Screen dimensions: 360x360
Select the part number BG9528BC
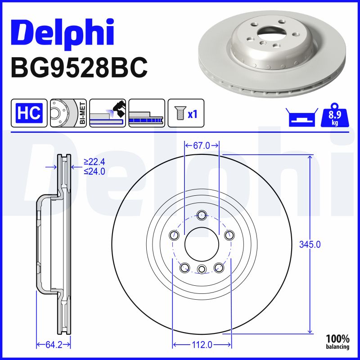tap(79, 67)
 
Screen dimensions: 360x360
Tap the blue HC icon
tap(30, 113)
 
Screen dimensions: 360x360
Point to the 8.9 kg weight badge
tap(334, 117)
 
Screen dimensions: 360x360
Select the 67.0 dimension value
tap(202, 145)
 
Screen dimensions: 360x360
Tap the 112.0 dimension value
tap(202, 345)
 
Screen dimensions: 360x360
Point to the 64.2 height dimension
tap(53, 345)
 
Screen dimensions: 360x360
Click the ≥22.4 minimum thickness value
tap(94, 162)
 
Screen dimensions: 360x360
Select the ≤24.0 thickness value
tap(94, 171)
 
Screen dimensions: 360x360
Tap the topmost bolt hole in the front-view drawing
tap(202, 215)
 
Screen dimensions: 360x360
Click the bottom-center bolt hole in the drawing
tap(202, 269)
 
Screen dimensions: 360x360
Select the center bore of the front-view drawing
tap(202, 243)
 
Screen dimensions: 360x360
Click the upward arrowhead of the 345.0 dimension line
tap(310, 157)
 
